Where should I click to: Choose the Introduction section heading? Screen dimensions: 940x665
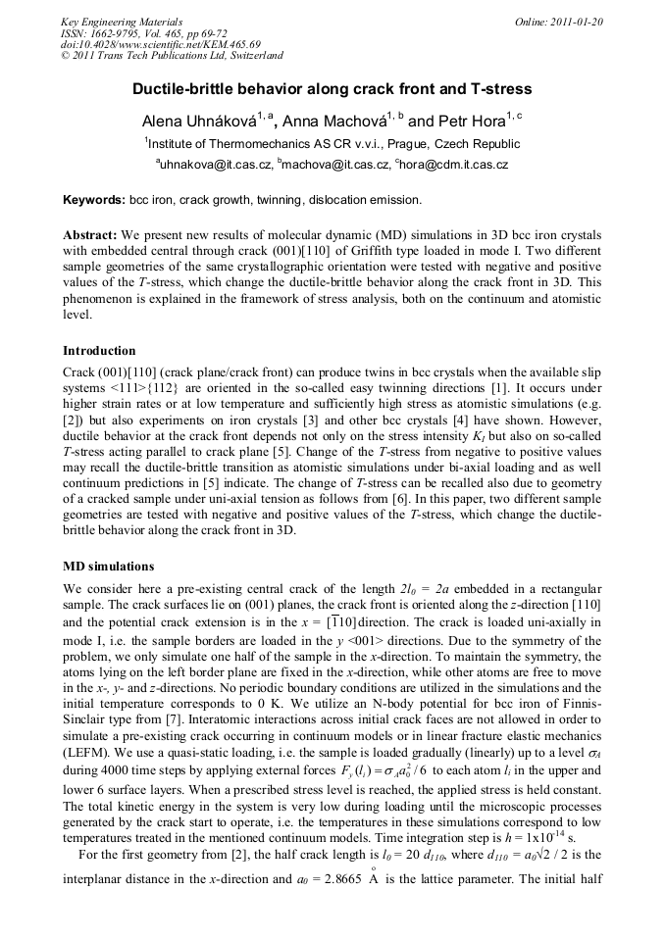[99, 350]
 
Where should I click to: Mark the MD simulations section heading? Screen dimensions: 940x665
[108, 567]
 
